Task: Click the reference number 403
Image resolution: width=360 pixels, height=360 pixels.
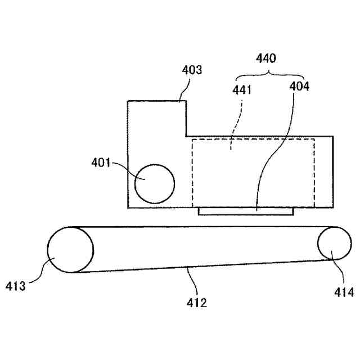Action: coord(192,71)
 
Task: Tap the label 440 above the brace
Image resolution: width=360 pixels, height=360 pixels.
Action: coord(266,58)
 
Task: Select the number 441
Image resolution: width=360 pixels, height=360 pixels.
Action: coord(242,89)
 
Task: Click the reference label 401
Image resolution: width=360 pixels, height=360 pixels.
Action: coord(102,163)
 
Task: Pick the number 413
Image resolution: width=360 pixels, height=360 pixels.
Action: coord(16,286)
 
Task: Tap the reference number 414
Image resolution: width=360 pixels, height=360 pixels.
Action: coord(343,292)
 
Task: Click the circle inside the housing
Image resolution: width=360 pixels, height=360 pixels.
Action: coord(155,184)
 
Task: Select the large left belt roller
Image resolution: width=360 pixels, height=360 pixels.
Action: coord(70,250)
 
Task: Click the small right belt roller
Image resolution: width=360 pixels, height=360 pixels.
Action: coord(335,244)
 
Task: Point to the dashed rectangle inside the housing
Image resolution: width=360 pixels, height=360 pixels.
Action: coord(253,172)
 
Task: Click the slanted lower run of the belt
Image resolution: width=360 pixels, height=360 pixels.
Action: coord(197,266)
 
